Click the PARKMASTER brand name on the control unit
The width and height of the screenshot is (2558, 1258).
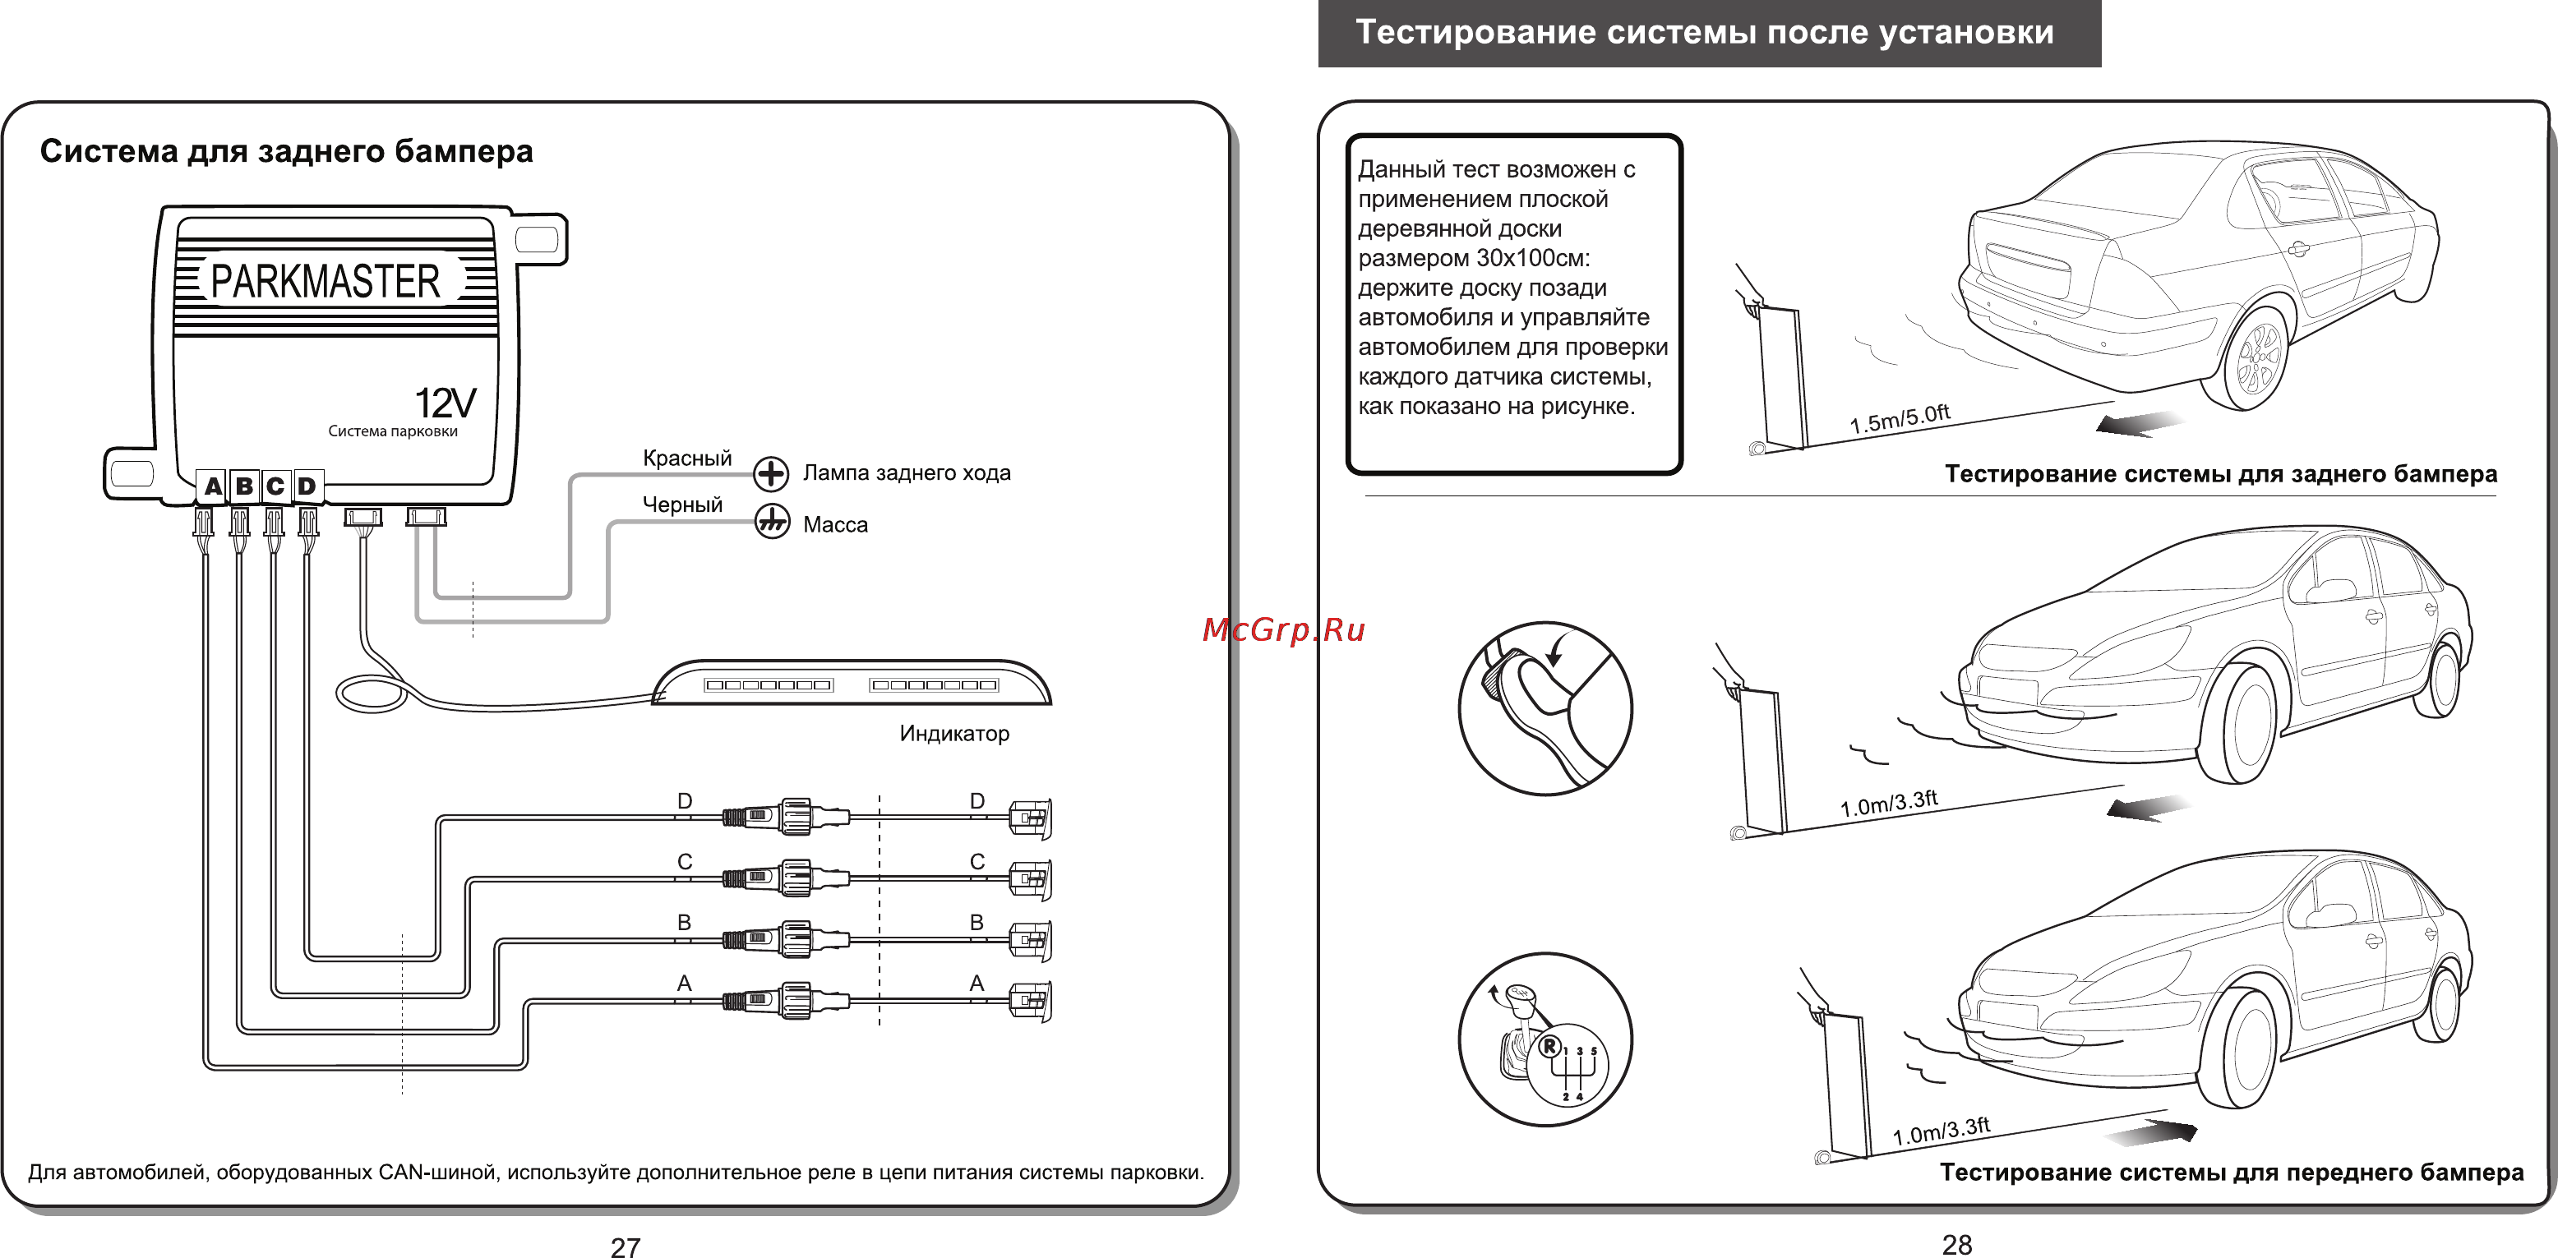326,282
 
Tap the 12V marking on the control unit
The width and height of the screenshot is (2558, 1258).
445,403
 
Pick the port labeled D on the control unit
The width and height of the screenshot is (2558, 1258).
307,486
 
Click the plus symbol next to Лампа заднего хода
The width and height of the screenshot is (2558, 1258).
770,473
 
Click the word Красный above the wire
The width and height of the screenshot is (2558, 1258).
686,458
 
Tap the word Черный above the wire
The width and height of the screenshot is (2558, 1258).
682,505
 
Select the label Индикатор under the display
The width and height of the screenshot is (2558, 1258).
953,734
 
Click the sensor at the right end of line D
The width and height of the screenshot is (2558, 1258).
1030,818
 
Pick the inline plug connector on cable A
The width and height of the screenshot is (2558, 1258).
784,1001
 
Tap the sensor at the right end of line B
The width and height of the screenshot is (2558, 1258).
1030,939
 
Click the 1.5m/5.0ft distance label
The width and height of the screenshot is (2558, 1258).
1899,419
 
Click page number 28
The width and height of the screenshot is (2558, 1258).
1956,1244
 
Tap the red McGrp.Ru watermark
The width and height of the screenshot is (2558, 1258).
1283,629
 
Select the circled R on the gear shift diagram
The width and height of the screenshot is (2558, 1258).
1548,1045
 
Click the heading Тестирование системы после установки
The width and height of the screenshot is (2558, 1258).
1704,33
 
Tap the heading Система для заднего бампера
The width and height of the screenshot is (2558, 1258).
286,151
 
